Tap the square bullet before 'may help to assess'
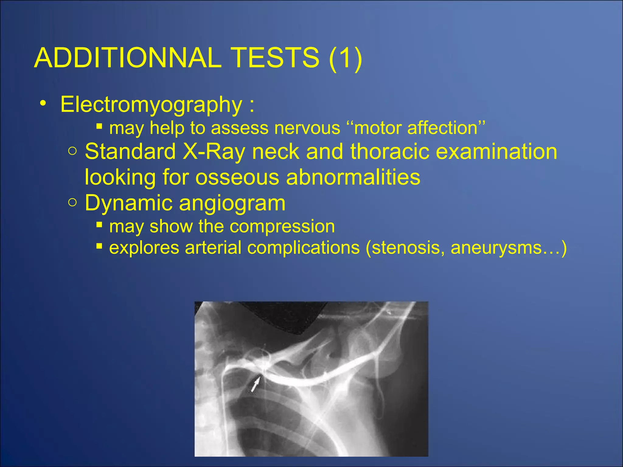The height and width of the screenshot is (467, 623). click(x=99, y=126)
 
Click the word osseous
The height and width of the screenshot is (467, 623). click(x=237, y=177)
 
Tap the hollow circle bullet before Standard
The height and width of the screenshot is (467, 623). click(x=72, y=151)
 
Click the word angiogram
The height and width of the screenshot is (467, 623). click(x=232, y=203)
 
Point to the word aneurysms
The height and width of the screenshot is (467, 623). click(x=496, y=248)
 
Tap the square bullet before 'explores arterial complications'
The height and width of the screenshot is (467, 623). click(x=99, y=246)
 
